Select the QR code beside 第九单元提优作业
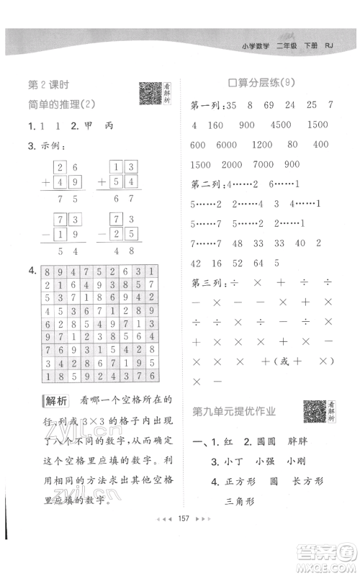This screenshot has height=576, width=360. [x=314, y=410]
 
